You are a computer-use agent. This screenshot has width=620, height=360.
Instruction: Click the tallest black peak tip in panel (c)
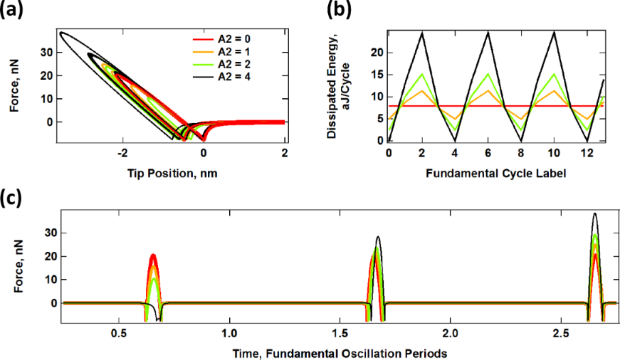tap(595, 213)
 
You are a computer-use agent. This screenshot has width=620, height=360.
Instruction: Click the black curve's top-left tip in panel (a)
tap(61, 33)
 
